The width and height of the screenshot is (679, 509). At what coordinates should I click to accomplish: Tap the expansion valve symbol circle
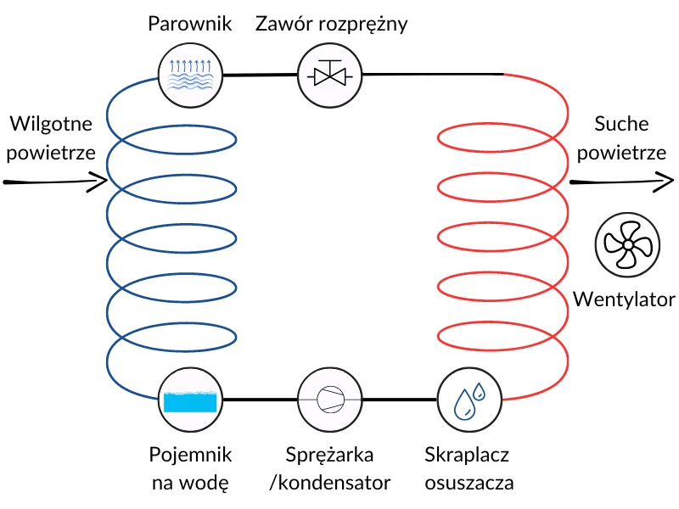pos(328,76)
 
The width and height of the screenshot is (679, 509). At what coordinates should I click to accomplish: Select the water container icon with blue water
pos(189,400)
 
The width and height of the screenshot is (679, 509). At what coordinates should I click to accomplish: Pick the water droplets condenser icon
pos(468,400)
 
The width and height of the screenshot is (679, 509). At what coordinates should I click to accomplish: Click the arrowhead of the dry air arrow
pos(665,181)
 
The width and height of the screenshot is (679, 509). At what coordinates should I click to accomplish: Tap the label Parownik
pos(189,24)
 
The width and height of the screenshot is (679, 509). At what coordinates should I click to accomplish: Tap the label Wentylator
pos(624,299)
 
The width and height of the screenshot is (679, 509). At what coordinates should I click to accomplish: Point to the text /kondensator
pos(328,483)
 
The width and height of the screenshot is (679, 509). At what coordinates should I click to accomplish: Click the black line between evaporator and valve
pos(258,76)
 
